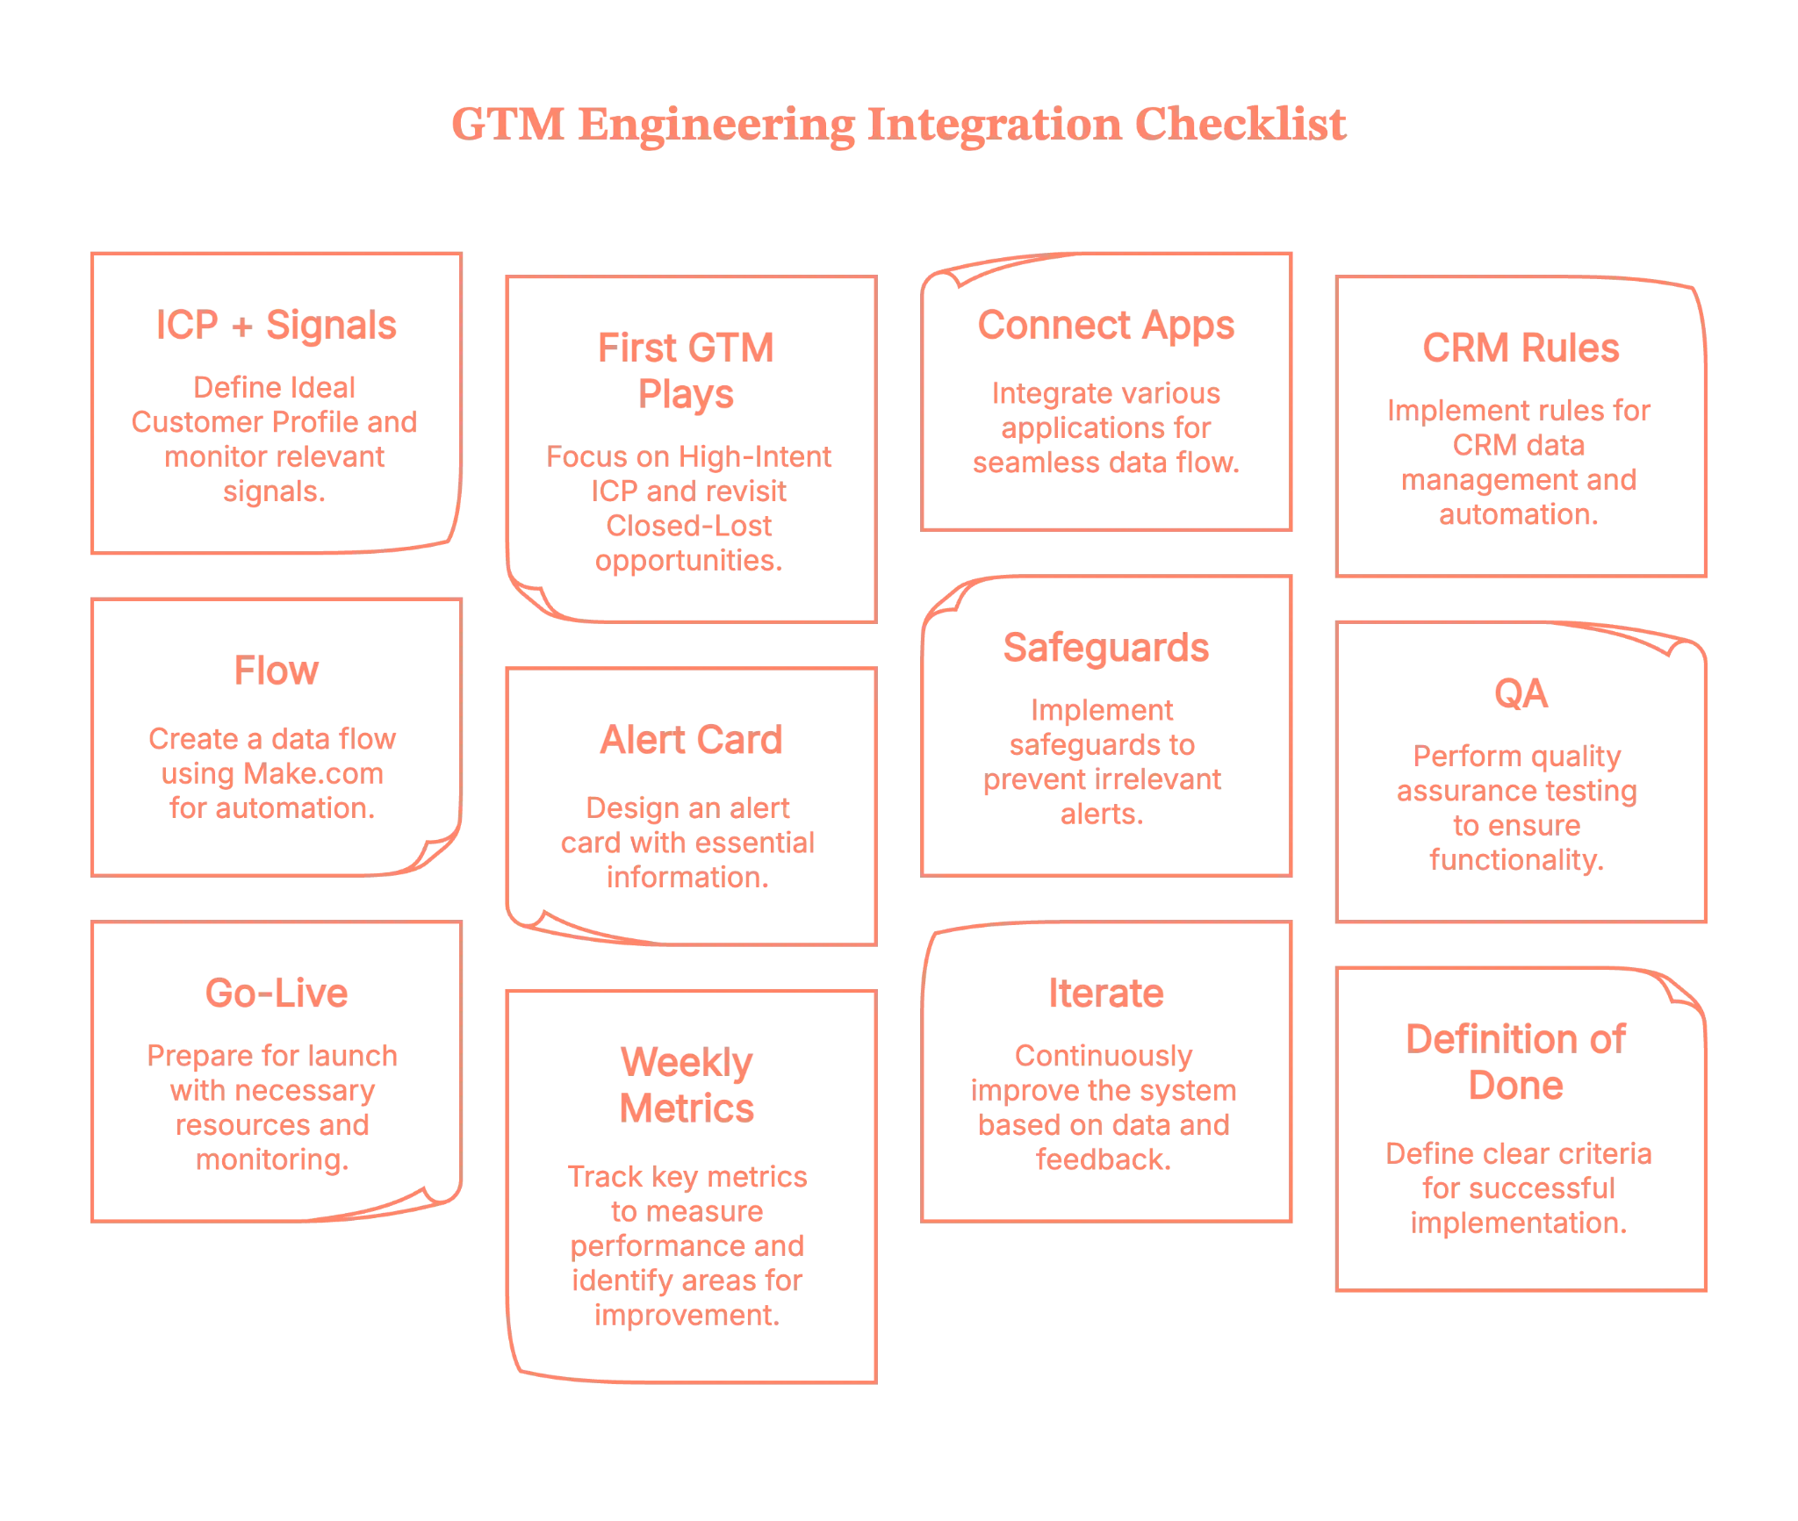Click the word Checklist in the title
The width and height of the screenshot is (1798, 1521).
[1238, 125]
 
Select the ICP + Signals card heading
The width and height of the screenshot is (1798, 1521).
[275, 326]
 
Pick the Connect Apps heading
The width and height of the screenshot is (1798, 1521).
[1105, 325]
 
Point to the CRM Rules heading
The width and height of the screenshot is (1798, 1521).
[1520, 348]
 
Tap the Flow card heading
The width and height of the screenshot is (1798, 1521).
[275, 671]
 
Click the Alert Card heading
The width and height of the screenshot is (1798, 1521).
[690, 741]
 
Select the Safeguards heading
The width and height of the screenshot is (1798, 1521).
[1105, 648]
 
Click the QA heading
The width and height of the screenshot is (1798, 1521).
[1520, 694]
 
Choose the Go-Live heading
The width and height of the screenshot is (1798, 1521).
[275, 994]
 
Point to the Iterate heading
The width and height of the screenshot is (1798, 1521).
[1105, 994]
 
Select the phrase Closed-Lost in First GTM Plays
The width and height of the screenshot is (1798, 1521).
[687, 527]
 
